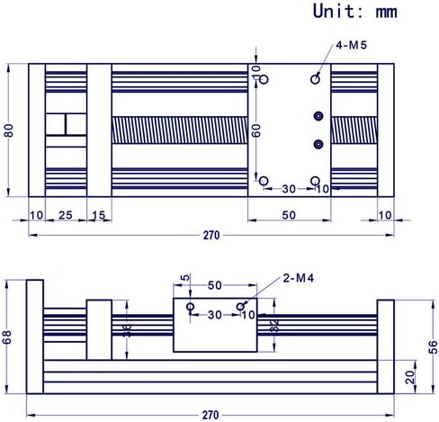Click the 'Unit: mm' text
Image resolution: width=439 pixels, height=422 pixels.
point(355,12)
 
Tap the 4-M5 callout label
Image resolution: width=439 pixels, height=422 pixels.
point(351,45)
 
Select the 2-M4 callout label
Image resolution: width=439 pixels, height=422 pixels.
point(299,278)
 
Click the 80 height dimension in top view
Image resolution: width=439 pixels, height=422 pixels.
point(9,130)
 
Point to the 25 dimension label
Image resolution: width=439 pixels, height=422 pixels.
point(66,215)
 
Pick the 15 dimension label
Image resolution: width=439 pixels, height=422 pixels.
point(99,215)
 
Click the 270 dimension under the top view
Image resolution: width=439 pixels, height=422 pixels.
point(211,236)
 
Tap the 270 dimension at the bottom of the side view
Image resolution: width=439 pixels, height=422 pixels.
point(211,416)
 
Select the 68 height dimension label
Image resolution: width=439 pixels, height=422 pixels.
point(6,337)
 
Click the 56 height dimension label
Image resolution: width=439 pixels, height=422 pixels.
point(434,347)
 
